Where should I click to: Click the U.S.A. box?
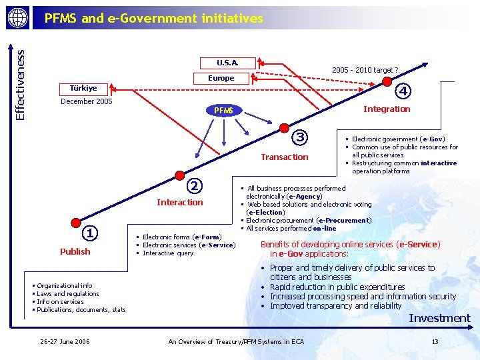point(227,63)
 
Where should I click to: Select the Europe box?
point(221,78)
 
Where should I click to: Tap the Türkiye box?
point(83,88)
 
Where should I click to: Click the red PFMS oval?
point(223,110)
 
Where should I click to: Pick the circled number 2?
point(193,185)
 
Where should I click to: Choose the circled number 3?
point(300,137)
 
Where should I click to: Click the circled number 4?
point(403,90)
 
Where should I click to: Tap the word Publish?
point(75,251)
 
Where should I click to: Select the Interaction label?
point(179,202)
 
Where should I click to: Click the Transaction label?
point(285,157)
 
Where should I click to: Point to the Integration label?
point(387,109)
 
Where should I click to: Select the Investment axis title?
point(439,318)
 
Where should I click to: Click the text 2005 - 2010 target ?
point(365,70)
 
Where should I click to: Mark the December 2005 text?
point(86,101)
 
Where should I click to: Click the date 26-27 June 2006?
point(65,342)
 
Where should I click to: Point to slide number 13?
point(435,342)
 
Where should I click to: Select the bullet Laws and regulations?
point(67,293)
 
